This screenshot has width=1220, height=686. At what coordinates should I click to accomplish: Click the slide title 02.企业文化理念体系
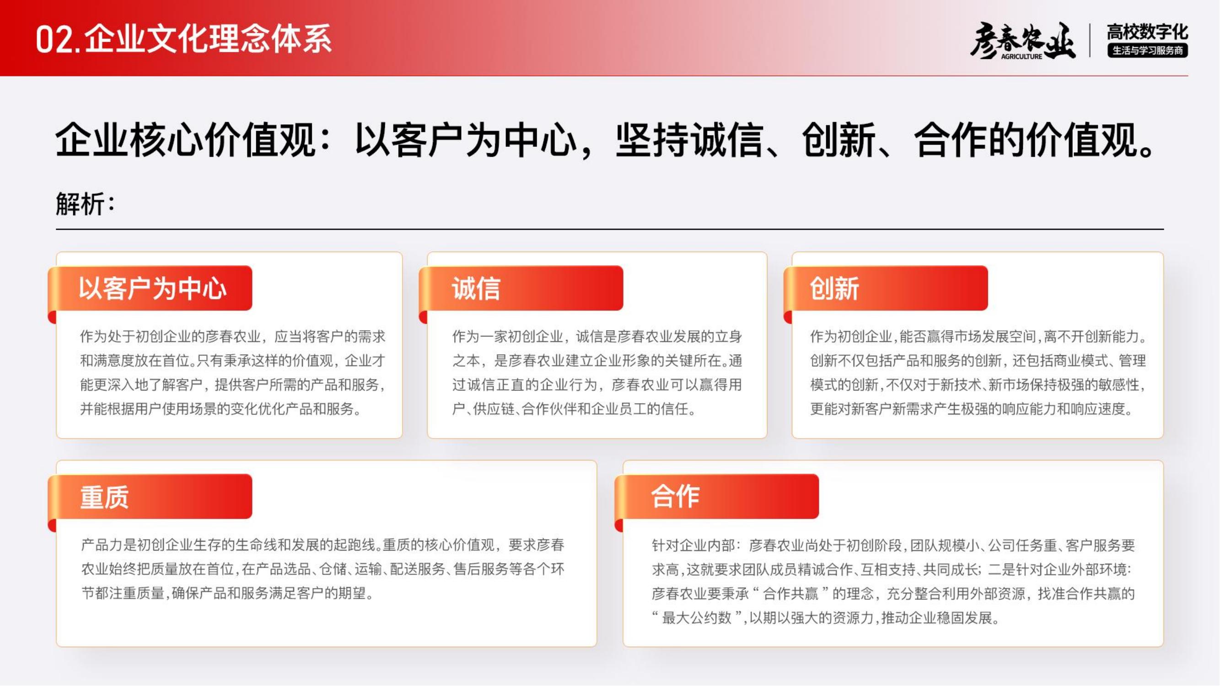[184, 39]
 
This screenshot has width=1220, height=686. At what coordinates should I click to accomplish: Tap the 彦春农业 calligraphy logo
[1022, 41]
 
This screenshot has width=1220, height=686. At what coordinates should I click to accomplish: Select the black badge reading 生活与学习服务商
[1147, 50]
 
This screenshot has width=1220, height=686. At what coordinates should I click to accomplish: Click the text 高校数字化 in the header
[1147, 32]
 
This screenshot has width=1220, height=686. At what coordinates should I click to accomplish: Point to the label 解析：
[85, 204]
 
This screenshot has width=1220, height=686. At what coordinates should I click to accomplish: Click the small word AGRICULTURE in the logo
[1021, 57]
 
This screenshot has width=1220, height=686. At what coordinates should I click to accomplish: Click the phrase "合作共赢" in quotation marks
[791, 594]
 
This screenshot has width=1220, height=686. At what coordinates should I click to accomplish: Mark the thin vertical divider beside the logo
[1091, 41]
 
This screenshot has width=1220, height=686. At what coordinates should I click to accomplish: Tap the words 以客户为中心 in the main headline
[466, 140]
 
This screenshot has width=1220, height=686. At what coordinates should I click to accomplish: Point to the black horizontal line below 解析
[610, 229]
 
